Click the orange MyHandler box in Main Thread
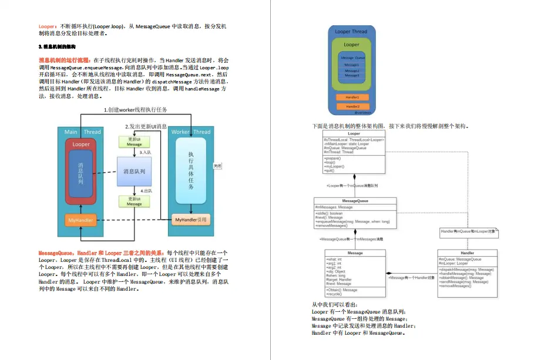(x=80, y=220)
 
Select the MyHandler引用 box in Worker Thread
(x=191, y=220)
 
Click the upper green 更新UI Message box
(x=134, y=142)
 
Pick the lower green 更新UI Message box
(x=134, y=201)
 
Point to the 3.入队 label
(x=145, y=153)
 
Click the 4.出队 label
(x=146, y=190)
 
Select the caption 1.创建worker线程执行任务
(x=136, y=110)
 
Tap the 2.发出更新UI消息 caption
(x=146, y=126)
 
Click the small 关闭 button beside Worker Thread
(x=217, y=166)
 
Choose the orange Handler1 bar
(x=352, y=97)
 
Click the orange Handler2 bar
(x=352, y=106)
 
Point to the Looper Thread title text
(x=351, y=32)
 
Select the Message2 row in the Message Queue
(x=352, y=70)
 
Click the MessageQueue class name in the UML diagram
(x=355, y=201)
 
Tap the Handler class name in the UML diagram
(x=468, y=253)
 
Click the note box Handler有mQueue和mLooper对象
(x=469, y=232)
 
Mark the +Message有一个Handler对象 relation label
(x=411, y=277)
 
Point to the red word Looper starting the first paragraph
(x=46, y=26)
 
